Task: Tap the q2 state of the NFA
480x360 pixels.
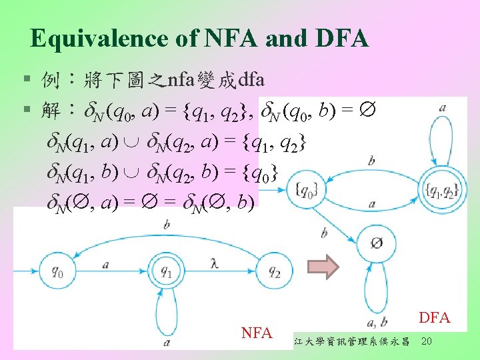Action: coord(274,272)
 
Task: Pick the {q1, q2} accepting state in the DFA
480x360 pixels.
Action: coord(440,192)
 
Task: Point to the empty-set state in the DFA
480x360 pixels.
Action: coord(377,244)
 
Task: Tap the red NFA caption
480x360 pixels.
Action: coord(257,331)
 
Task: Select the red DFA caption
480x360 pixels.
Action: coord(435,318)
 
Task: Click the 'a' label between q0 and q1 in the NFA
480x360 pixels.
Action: coord(107,265)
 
